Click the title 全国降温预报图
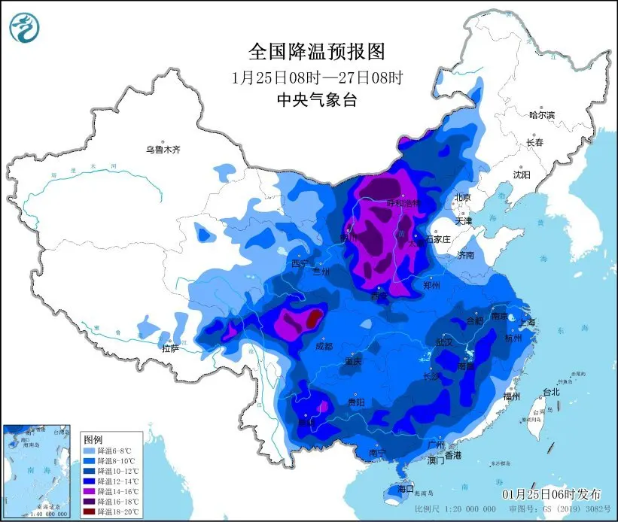pyautogui.click(x=316, y=51)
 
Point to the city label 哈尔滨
pyautogui.click(x=541, y=115)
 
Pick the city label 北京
pyautogui.click(x=461, y=198)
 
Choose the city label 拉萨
pyautogui.click(x=171, y=347)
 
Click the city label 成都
pyautogui.click(x=324, y=347)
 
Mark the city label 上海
pyautogui.click(x=526, y=323)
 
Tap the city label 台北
pyautogui.click(x=552, y=392)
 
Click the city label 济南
pyautogui.click(x=465, y=256)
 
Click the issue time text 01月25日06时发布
pyautogui.click(x=552, y=494)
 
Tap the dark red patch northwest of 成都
pyautogui.click(x=312, y=319)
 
